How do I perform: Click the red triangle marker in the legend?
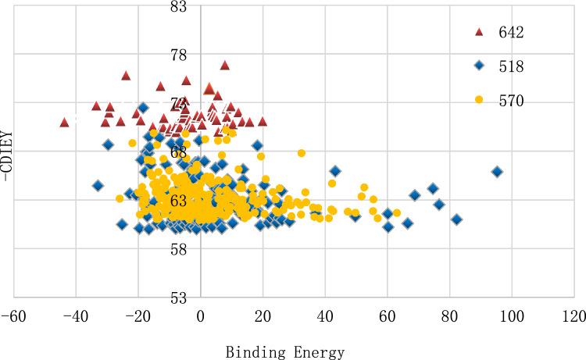point(480,32)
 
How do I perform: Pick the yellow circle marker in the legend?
point(480,101)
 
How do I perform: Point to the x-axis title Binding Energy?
point(285,352)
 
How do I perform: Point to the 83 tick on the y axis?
point(178,7)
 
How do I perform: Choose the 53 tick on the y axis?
point(178,298)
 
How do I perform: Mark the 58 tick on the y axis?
point(178,249)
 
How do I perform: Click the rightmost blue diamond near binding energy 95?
point(497,172)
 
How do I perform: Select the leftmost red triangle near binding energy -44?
point(64,122)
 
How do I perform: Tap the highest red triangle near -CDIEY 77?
point(225,65)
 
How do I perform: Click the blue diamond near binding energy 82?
point(456,219)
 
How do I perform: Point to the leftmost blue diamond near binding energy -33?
point(98,186)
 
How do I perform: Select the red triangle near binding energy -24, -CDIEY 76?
point(126,75)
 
